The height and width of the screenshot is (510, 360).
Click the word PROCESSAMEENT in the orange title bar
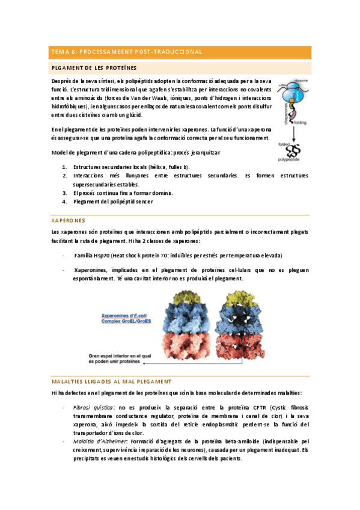(x=109, y=52)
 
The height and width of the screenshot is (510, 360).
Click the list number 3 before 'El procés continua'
(x=64, y=193)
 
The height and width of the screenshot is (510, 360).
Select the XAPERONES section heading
(x=69, y=220)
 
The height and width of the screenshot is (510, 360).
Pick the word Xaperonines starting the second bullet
(x=91, y=271)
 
